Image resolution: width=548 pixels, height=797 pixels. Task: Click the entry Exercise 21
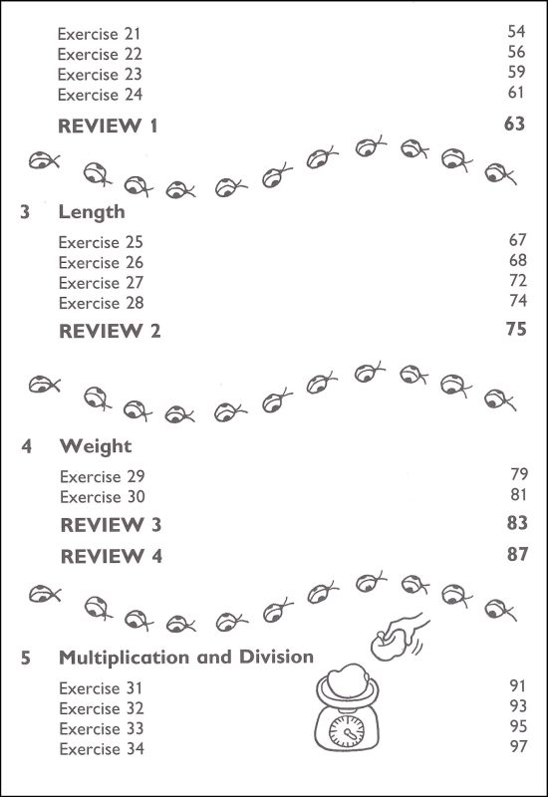(x=99, y=34)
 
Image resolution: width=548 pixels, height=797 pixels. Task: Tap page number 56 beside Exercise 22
(x=516, y=52)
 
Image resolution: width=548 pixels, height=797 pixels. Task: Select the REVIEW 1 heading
(x=108, y=127)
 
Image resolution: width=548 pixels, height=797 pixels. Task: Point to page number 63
(x=514, y=124)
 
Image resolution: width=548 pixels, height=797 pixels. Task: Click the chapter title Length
(x=92, y=212)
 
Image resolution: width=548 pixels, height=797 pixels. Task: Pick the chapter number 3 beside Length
(x=25, y=212)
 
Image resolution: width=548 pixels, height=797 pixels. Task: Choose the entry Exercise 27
(x=101, y=283)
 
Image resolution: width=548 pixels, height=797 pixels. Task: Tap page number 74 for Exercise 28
(x=517, y=301)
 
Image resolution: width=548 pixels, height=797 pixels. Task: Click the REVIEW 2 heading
(x=110, y=332)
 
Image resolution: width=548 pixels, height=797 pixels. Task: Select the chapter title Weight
(x=96, y=446)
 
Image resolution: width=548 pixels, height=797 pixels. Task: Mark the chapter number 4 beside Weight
(x=27, y=446)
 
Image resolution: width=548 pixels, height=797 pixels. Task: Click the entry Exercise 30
(x=103, y=496)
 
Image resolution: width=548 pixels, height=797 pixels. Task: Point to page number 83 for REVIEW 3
(x=517, y=523)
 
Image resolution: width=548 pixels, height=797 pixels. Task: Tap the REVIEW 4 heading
(x=112, y=557)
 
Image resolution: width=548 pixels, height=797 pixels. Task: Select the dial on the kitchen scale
(x=347, y=731)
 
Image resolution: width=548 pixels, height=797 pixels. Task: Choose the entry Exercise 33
(x=102, y=729)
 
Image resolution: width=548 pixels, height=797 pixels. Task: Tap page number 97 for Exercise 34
(x=518, y=746)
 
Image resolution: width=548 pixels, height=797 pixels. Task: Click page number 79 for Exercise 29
(x=519, y=474)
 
